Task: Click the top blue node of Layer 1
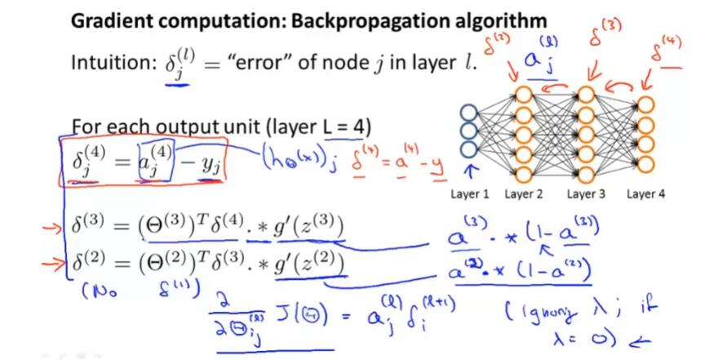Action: point(469,113)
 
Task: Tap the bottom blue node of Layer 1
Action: point(469,149)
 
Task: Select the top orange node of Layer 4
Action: point(646,104)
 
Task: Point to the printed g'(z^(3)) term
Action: point(304,226)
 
